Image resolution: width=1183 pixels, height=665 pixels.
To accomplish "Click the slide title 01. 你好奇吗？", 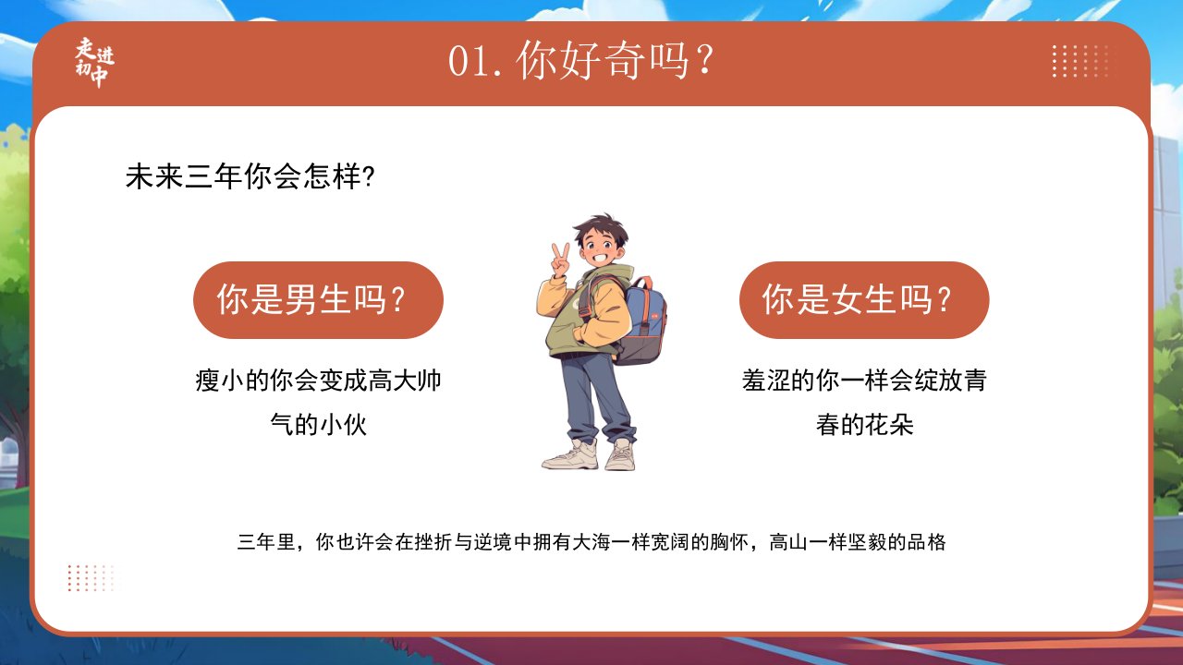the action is [581, 61].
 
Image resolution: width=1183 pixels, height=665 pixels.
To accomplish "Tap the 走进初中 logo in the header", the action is [94, 62].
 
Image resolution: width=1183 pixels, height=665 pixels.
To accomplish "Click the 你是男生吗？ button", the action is [318, 300].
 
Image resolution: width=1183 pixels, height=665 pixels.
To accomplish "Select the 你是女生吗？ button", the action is [864, 300].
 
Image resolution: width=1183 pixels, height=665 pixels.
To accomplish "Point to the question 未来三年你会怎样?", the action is [250, 176].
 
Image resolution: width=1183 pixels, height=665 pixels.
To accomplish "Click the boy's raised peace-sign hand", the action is [560, 260].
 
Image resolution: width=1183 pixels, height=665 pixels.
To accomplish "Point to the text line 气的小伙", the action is [318, 424].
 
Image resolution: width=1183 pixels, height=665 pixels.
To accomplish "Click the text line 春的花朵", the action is [864, 424].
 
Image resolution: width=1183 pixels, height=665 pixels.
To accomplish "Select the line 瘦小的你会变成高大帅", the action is [318, 380].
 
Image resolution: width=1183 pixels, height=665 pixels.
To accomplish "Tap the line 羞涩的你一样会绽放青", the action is [864, 380].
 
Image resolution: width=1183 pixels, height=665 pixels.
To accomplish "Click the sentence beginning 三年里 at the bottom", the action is [591, 542].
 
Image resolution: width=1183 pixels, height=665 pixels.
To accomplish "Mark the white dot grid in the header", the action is [1080, 61].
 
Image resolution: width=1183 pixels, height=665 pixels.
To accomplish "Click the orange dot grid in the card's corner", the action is [91, 577].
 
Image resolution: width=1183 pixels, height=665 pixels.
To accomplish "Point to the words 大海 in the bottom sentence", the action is [591, 542].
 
